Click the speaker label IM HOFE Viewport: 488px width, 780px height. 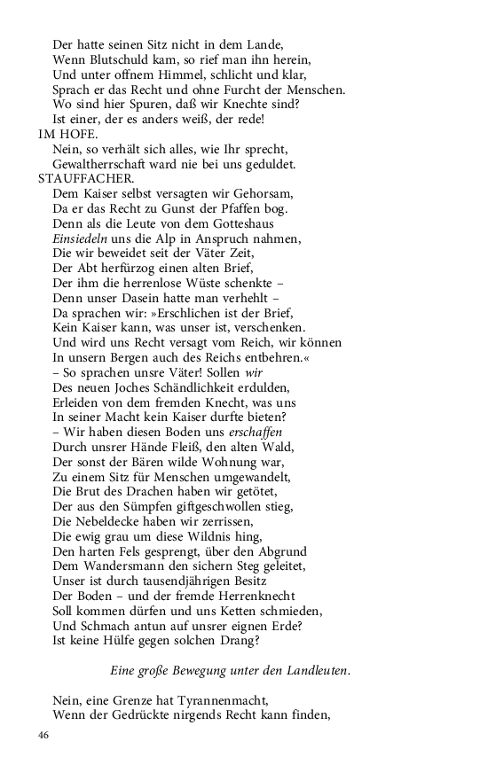click(x=68, y=134)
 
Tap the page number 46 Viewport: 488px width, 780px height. click(x=44, y=734)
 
